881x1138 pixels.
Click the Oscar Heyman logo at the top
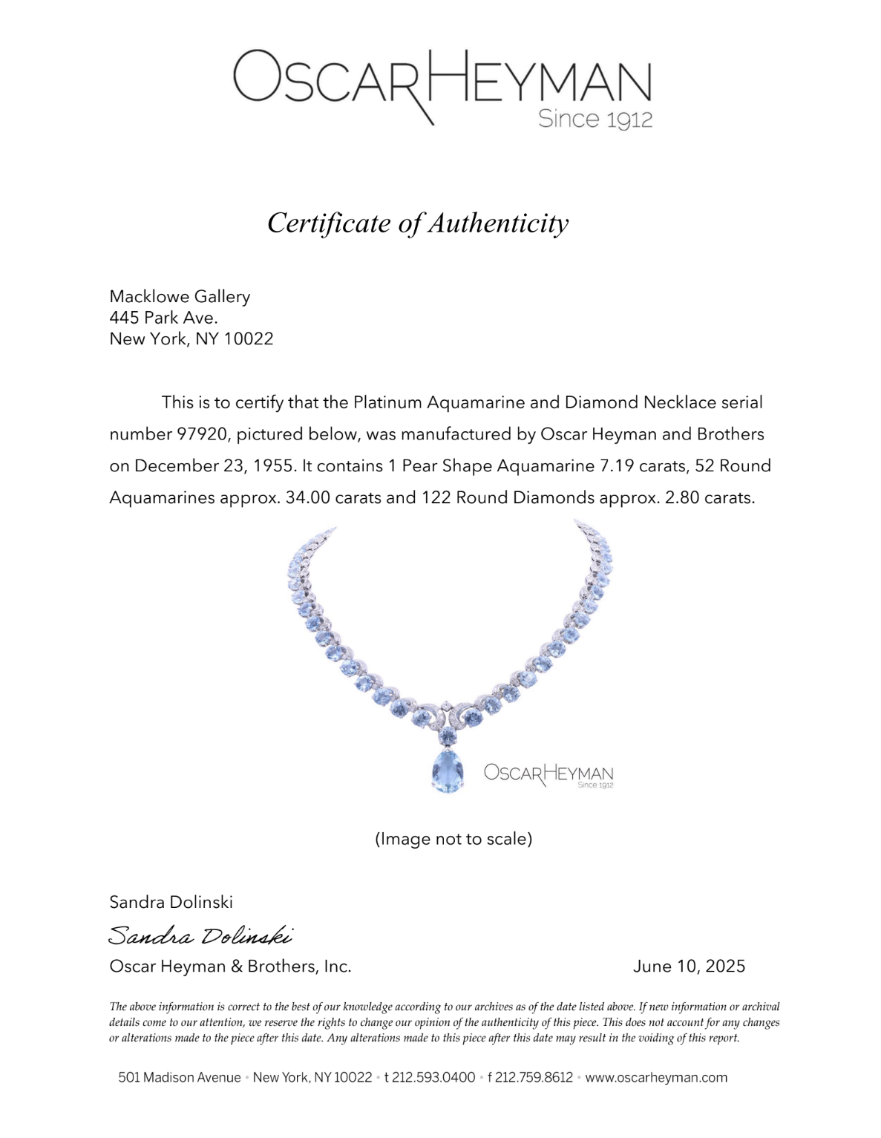[442, 80]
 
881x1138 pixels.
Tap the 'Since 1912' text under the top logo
[595, 119]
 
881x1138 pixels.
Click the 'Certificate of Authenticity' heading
[418, 223]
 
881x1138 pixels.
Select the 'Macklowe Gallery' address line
[180, 297]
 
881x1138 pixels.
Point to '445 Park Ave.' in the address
[163, 318]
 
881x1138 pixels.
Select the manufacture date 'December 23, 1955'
[209, 466]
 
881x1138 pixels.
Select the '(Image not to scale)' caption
[453, 839]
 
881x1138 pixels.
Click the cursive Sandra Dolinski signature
[200, 935]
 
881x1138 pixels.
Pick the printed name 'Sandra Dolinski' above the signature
[171, 903]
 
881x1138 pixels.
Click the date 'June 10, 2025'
[689, 967]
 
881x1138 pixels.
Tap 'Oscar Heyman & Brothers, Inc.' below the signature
[230, 967]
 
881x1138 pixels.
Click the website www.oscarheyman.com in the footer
[656, 1078]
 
